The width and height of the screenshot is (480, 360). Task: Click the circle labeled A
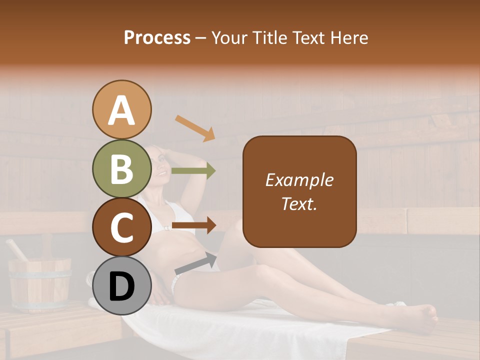click(122, 110)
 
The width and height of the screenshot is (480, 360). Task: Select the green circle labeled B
click(122, 168)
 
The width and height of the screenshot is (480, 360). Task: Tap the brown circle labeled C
click(122, 227)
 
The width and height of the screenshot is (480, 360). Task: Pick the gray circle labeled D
click(122, 285)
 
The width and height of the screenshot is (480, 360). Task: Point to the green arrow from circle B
click(193, 170)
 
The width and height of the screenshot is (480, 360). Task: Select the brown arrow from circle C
click(193, 225)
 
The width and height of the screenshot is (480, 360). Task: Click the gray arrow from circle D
click(195, 263)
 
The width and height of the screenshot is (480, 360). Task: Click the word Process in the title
click(157, 38)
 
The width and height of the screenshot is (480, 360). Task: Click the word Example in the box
click(299, 180)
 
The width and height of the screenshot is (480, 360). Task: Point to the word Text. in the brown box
click(299, 203)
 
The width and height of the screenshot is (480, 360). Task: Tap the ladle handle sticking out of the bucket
click(16, 250)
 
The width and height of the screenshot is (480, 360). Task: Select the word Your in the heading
click(228, 38)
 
